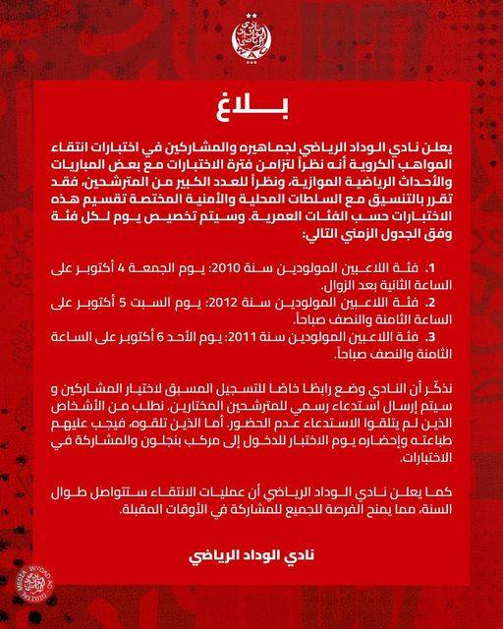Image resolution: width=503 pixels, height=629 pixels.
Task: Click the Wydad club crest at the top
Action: (x=251, y=40)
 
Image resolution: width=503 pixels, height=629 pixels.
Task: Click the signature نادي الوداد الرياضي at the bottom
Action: (x=251, y=558)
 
